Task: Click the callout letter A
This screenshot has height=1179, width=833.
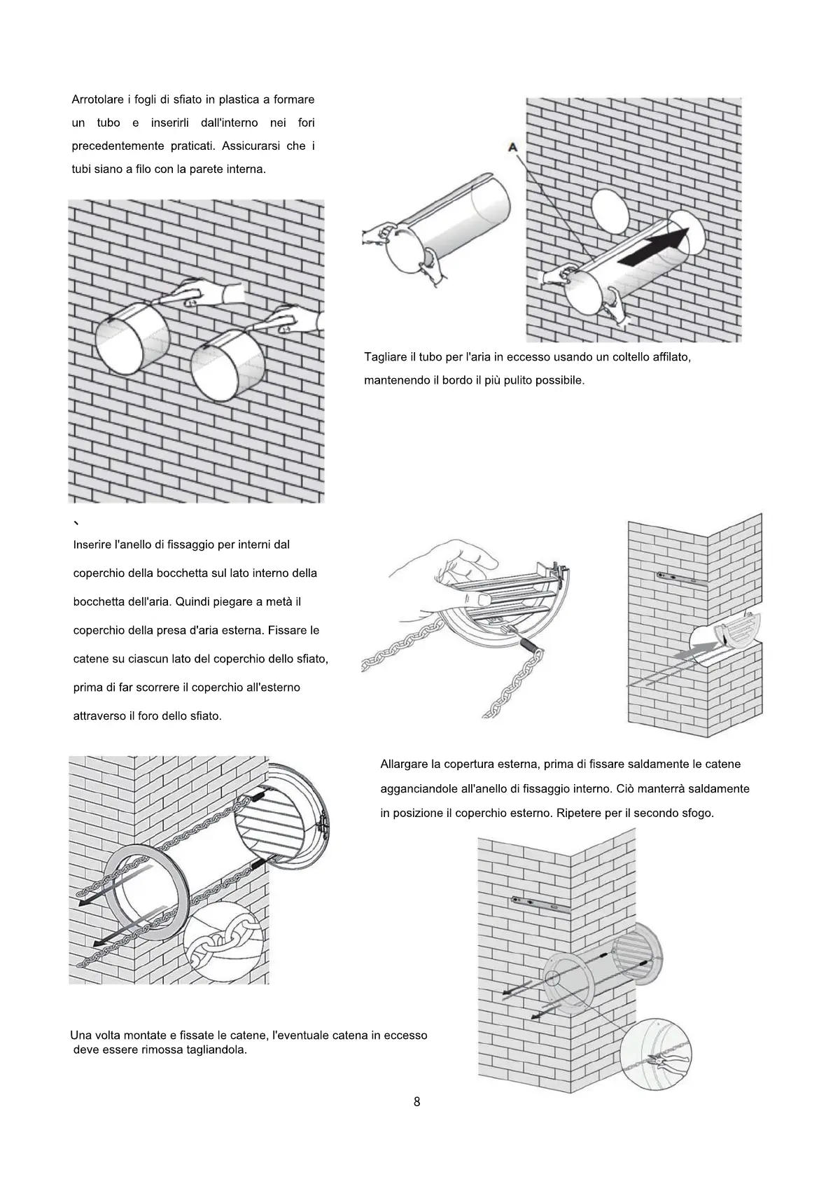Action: pos(513,147)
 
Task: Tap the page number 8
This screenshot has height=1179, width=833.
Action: pos(417,1101)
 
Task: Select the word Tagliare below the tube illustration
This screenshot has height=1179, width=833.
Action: pos(384,357)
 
